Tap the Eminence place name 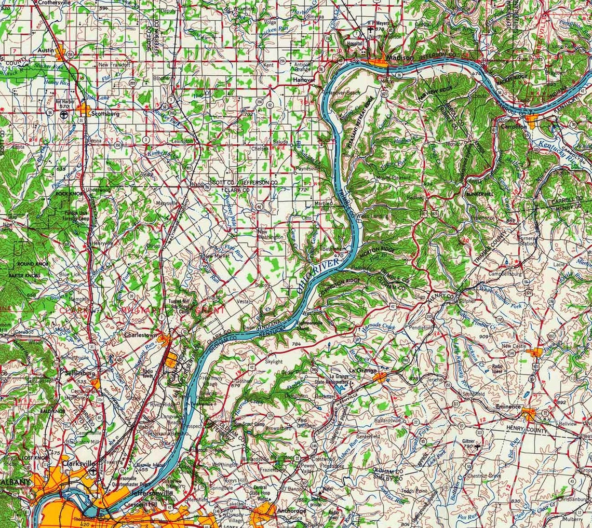tap(508, 407)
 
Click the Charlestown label tap(140, 335)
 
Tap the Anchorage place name tap(291, 510)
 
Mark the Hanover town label tap(303, 80)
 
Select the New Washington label tap(270, 234)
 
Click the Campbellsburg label tap(507, 273)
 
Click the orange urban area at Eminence tap(530, 414)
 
